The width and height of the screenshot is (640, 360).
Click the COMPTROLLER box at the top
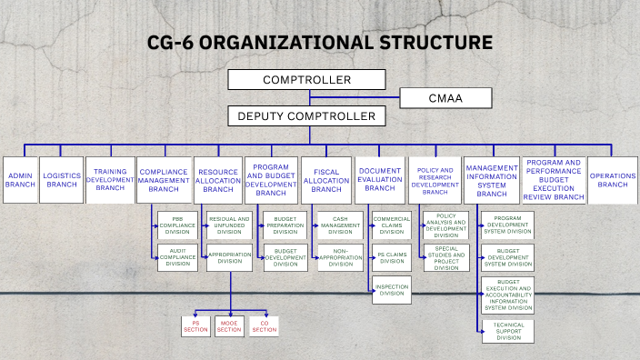pyautogui.click(x=306, y=80)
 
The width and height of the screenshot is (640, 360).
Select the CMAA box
pyautogui.click(x=445, y=98)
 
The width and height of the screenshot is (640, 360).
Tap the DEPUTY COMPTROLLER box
pyautogui.click(x=306, y=116)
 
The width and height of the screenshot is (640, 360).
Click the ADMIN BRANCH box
pyautogui.click(x=20, y=179)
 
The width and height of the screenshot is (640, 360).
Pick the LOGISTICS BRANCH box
pyautogui.click(x=62, y=179)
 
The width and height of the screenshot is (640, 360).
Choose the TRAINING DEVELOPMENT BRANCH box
pyautogui.click(x=110, y=179)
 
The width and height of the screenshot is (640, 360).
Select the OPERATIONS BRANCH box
pyautogui.click(x=613, y=179)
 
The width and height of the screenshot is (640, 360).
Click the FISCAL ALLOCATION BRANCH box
pyautogui.click(x=326, y=179)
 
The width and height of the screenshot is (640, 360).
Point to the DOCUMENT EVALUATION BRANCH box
pyautogui.click(x=380, y=179)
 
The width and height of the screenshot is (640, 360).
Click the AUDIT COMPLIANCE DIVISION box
pyautogui.click(x=176, y=257)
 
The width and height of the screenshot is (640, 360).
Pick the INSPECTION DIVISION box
pyautogui.click(x=392, y=291)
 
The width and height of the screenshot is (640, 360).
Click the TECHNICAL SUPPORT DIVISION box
pyautogui.click(x=508, y=331)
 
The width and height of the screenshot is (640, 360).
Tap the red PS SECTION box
pyautogui.click(x=195, y=325)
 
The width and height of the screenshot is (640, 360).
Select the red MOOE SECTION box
pyautogui.click(x=229, y=325)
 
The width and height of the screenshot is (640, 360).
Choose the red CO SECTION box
pyautogui.click(x=264, y=325)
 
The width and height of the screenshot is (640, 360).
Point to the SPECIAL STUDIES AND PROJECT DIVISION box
pyautogui.click(x=446, y=257)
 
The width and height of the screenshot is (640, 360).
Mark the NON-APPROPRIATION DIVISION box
pyautogui.click(x=340, y=257)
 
